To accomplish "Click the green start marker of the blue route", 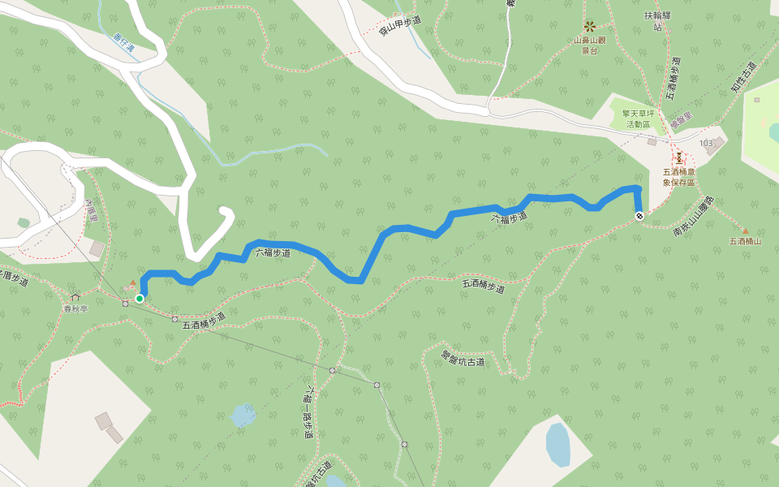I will pyautogui.click(x=140, y=299).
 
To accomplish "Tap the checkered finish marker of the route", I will pyautogui.click(x=639, y=215).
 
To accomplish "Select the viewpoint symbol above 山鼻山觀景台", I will pyautogui.click(x=590, y=26).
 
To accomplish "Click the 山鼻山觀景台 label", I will pyautogui.click(x=590, y=45).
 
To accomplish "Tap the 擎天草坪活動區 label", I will pyautogui.click(x=637, y=119).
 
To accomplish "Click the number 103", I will pyautogui.click(x=705, y=143).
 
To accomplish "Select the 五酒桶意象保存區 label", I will pyautogui.click(x=679, y=177).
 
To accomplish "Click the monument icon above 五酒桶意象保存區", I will pyautogui.click(x=679, y=157).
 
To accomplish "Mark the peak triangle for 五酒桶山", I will pyautogui.click(x=745, y=231).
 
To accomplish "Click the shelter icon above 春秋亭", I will pyautogui.click(x=75, y=297).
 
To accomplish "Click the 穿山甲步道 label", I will pyautogui.click(x=401, y=26).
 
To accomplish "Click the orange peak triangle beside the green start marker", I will pyautogui.click(x=133, y=282).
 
